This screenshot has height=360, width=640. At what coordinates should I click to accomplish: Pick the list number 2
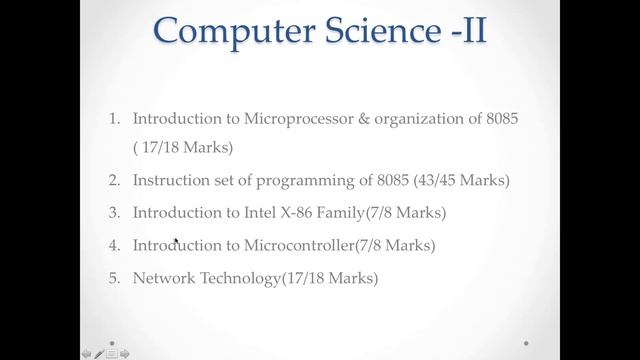tap(114, 181)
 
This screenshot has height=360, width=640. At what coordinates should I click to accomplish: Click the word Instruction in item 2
tap(169, 181)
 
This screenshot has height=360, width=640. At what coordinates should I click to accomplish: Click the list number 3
tap(114, 213)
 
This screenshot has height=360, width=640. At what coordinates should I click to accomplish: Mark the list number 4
tap(114, 245)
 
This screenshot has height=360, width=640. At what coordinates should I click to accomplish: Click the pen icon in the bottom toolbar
tap(99, 353)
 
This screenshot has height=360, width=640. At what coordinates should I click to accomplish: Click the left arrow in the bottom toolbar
tap(86, 353)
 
